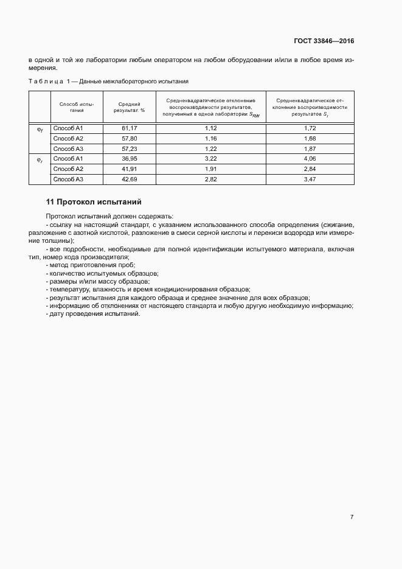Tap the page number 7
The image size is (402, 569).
pyautogui.click(x=352, y=517)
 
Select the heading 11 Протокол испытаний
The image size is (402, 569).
pyautogui.click(x=94, y=201)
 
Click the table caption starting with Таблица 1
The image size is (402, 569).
pyautogui.click(x=108, y=80)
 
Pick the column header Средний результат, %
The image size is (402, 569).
pyautogui.click(x=129, y=107)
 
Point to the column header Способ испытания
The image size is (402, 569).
pyautogui.click(x=76, y=107)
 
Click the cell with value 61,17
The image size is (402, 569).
pyautogui.click(x=129, y=128)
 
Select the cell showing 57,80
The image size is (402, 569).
pyautogui.click(x=129, y=138)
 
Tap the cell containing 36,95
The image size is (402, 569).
pyautogui.click(x=129, y=158)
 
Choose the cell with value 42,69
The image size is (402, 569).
pyautogui.click(x=129, y=179)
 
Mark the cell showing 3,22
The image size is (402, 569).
pyautogui.click(x=210, y=158)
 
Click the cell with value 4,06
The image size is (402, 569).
pyautogui.click(x=310, y=158)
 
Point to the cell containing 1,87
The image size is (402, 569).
pyautogui.click(x=310, y=148)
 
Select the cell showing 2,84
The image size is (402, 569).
pyautogui.click(x=310, y=169)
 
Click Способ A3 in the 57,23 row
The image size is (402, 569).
pyautogui.click(x=68, y=148)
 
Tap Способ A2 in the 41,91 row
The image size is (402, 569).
pyautogui.click(x=68, y=169)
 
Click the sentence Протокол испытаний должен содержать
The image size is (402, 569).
pyautogui.click(x=109, y=217)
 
